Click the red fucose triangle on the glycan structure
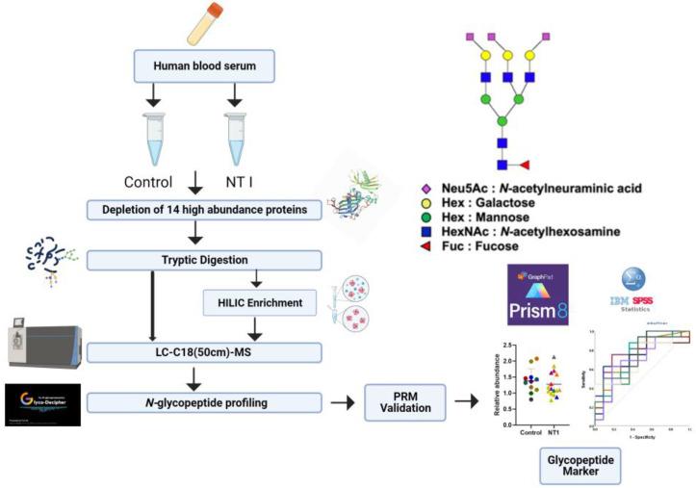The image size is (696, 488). point(524,165)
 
